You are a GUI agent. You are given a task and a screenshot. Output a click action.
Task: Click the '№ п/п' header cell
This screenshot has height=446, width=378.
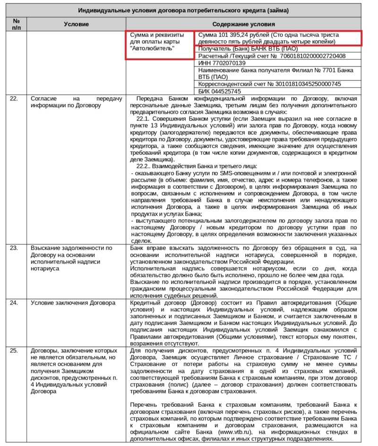coord(17,24)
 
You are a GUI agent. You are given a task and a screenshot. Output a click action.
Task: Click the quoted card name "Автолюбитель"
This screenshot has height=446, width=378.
coord(152,48)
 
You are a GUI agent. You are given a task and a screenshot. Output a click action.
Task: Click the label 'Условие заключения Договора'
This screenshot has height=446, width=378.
coord(73,303)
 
